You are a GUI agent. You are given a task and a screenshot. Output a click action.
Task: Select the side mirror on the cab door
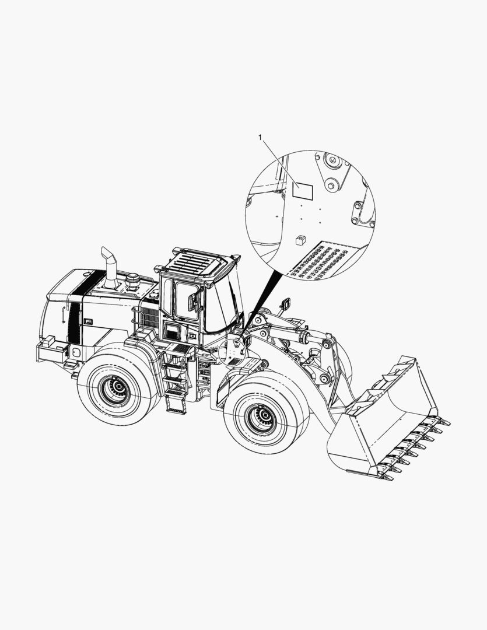click(191, 302)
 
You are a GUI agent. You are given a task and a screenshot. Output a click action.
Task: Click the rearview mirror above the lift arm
click(286, 304)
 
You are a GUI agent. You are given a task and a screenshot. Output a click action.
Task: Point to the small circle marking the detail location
click(233, 353)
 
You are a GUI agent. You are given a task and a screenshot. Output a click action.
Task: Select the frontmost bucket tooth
click(387, 478)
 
